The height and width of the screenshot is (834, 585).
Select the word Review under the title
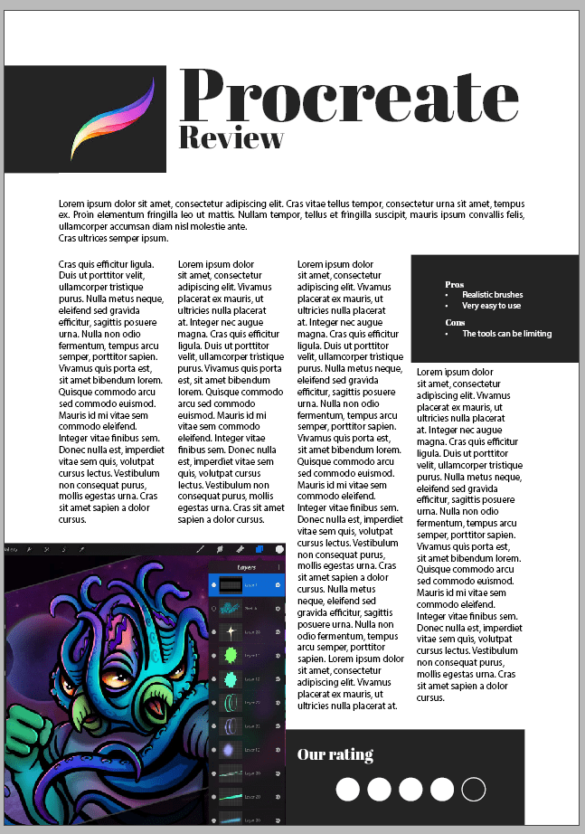pos(231,138)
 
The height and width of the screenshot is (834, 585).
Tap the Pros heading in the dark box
pos(454,285)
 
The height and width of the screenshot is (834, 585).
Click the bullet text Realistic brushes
pos(492,295)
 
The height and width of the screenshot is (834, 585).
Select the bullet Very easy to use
pos(491,306)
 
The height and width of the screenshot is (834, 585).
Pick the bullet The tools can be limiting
pos(506,334)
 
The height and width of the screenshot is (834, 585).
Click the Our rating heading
pos(335,754)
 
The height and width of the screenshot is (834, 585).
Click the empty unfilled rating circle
pos(474,789)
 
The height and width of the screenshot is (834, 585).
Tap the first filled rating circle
pos(348,789)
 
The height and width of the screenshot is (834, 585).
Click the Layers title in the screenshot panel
pos(247,567)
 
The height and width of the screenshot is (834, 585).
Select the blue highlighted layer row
pos(246,585)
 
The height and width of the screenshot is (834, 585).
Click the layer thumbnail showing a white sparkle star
pos(231,631)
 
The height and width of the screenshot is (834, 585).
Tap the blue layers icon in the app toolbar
pos(260,548)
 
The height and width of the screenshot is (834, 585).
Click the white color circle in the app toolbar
pos(279,548)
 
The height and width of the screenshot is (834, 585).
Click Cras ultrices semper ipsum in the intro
pos(114,238)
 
